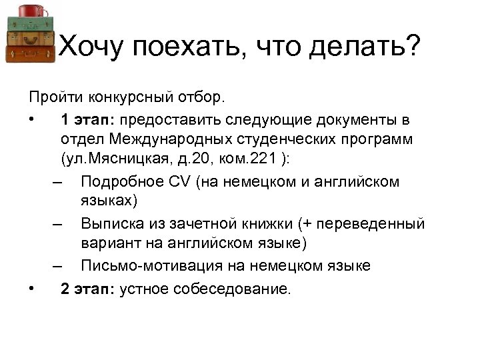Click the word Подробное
[118, 181]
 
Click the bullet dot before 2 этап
[32, 289]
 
